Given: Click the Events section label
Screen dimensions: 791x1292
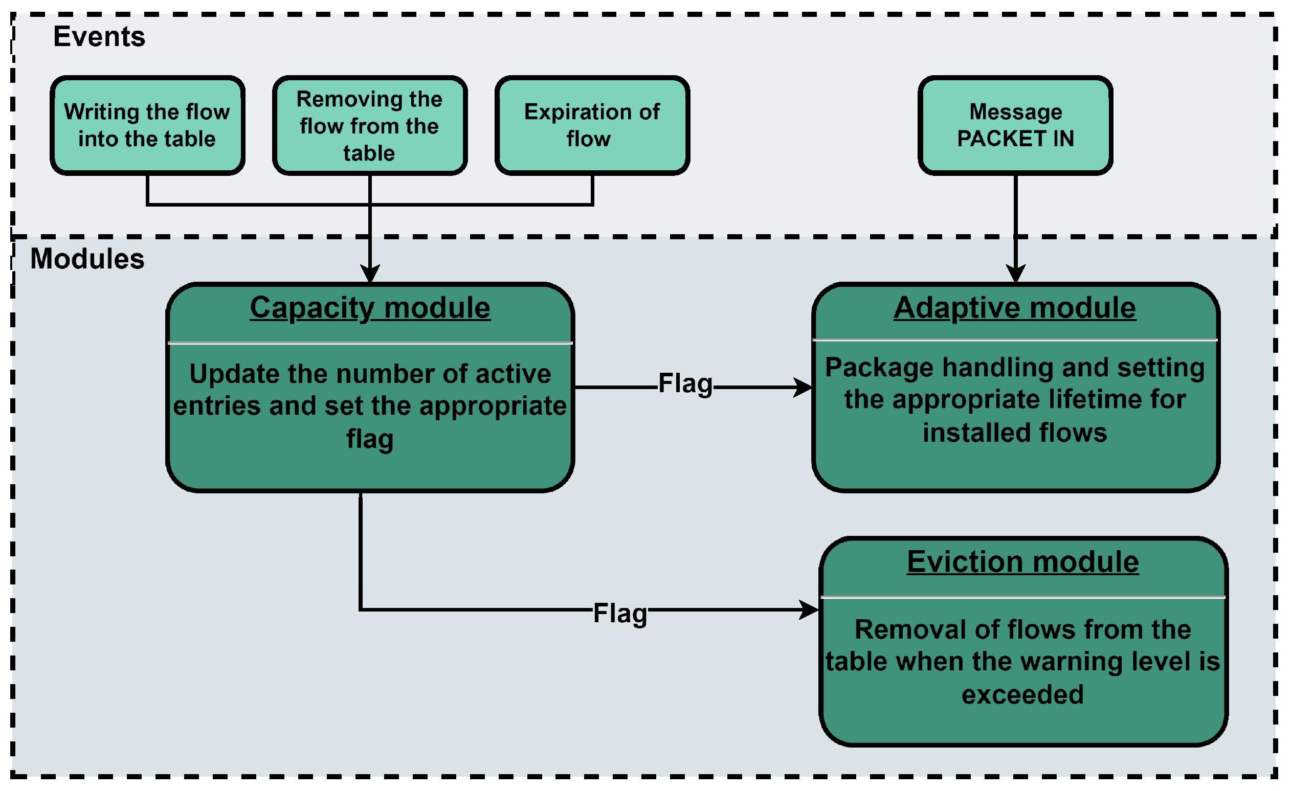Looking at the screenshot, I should pos(99,37).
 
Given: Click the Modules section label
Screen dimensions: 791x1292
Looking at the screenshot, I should pos(87,259).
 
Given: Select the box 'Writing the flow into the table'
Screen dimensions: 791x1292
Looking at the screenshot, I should pos(147,125).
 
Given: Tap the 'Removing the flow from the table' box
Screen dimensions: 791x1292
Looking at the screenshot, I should pos(370,125).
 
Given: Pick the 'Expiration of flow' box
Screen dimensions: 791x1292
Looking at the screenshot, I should pos(592,125).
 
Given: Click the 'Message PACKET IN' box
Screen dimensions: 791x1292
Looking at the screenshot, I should pos(1015,125).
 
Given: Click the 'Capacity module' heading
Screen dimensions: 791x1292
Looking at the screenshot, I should pos(370,308).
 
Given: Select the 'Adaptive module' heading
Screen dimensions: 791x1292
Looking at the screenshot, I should pos(1015,308).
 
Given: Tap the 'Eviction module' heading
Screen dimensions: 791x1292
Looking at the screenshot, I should pos(1022,562).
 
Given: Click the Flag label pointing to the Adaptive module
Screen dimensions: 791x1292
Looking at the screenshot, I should pos(685,383).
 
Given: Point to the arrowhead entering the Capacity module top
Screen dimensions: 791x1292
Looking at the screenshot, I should pos(370,274).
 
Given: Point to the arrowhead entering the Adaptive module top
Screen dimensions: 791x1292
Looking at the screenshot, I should pos(1016,274).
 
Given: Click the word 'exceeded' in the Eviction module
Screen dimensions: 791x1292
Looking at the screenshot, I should pos(1022,694).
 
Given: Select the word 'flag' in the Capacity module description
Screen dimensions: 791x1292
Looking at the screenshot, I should pos(370,439).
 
